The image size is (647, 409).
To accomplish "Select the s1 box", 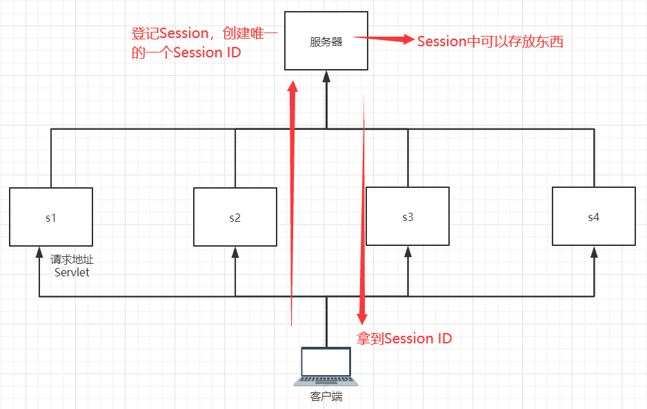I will (51, 216).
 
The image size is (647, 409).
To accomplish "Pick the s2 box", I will (235, 216).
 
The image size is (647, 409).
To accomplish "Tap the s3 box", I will (407, 216).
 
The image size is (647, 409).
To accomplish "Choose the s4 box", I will (593, 216).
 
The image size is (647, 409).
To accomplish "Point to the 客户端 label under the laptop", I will (326, 397).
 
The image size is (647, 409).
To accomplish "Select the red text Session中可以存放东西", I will (490, 41).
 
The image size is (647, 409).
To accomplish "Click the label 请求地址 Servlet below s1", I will (71, 266).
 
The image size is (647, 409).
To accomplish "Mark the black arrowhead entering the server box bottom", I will (326, 75).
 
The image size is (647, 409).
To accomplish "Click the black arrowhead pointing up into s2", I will (235, 251).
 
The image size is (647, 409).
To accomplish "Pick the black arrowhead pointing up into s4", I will (593, 251).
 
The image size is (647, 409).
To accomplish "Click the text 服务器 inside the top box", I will (326, 41).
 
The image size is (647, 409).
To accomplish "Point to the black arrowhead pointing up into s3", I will (407, 251).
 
